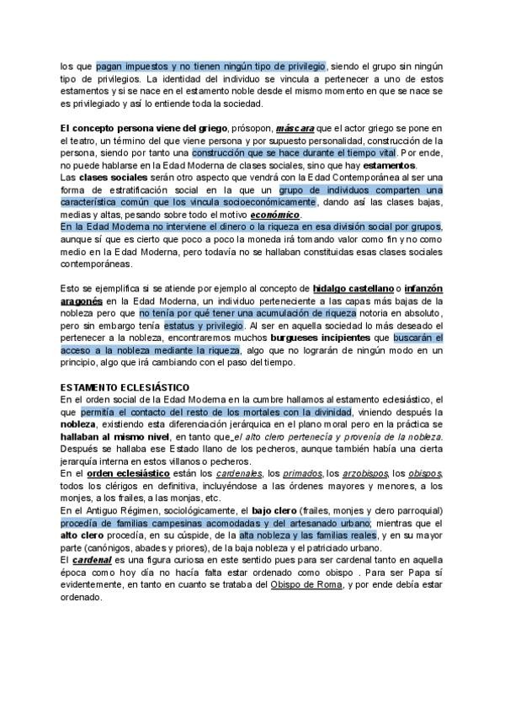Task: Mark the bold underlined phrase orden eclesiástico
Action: point(124,474)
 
